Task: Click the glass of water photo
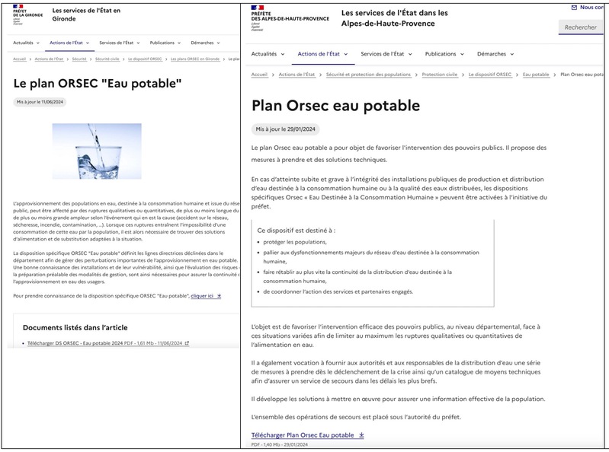[x=96, y=151]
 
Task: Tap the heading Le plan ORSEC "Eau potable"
[x=97, y=83]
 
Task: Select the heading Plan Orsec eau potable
[x=335, y=105]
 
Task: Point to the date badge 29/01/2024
[x=287, y=129]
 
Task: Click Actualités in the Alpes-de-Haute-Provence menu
[x=268, y=54]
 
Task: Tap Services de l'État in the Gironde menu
[x=117, y=43]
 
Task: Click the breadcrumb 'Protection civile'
[x=440, y=75]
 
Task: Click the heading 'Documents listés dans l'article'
[x=75, y=327]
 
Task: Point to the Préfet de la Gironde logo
[x=27, y=14]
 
